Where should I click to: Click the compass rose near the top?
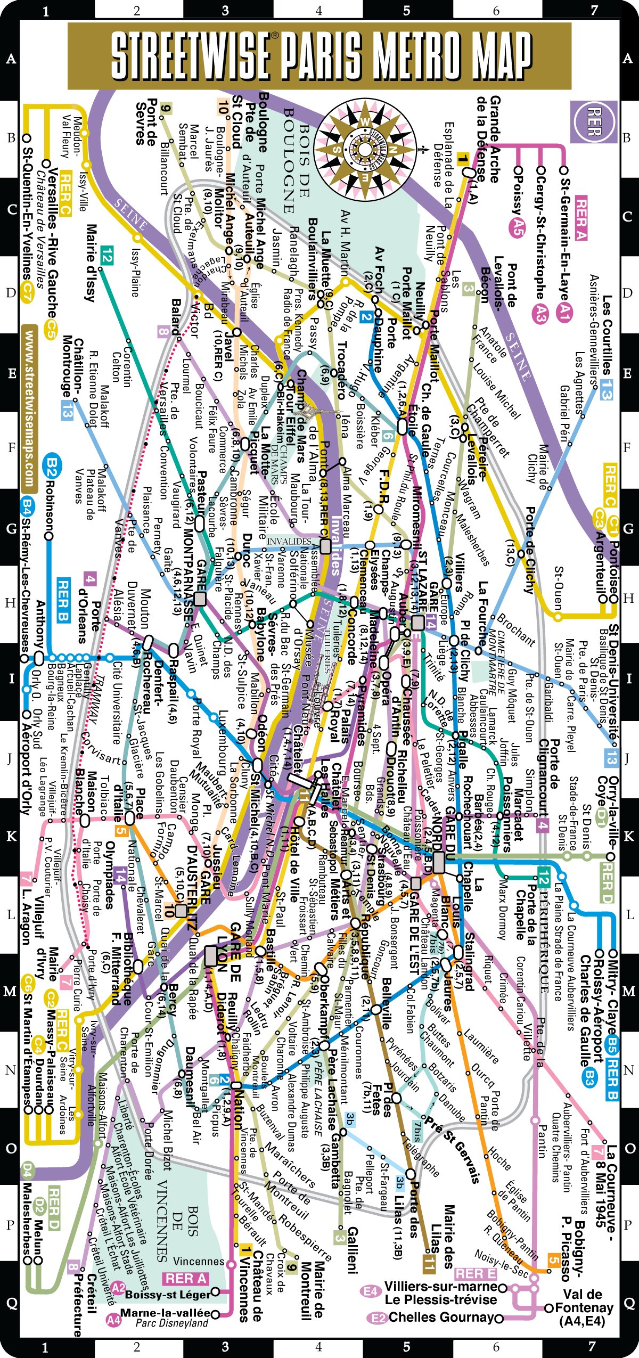click(x=365, y=150)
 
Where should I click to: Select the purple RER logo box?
click(x=594, y=122)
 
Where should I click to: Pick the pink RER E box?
click(x=476, y=1273)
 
